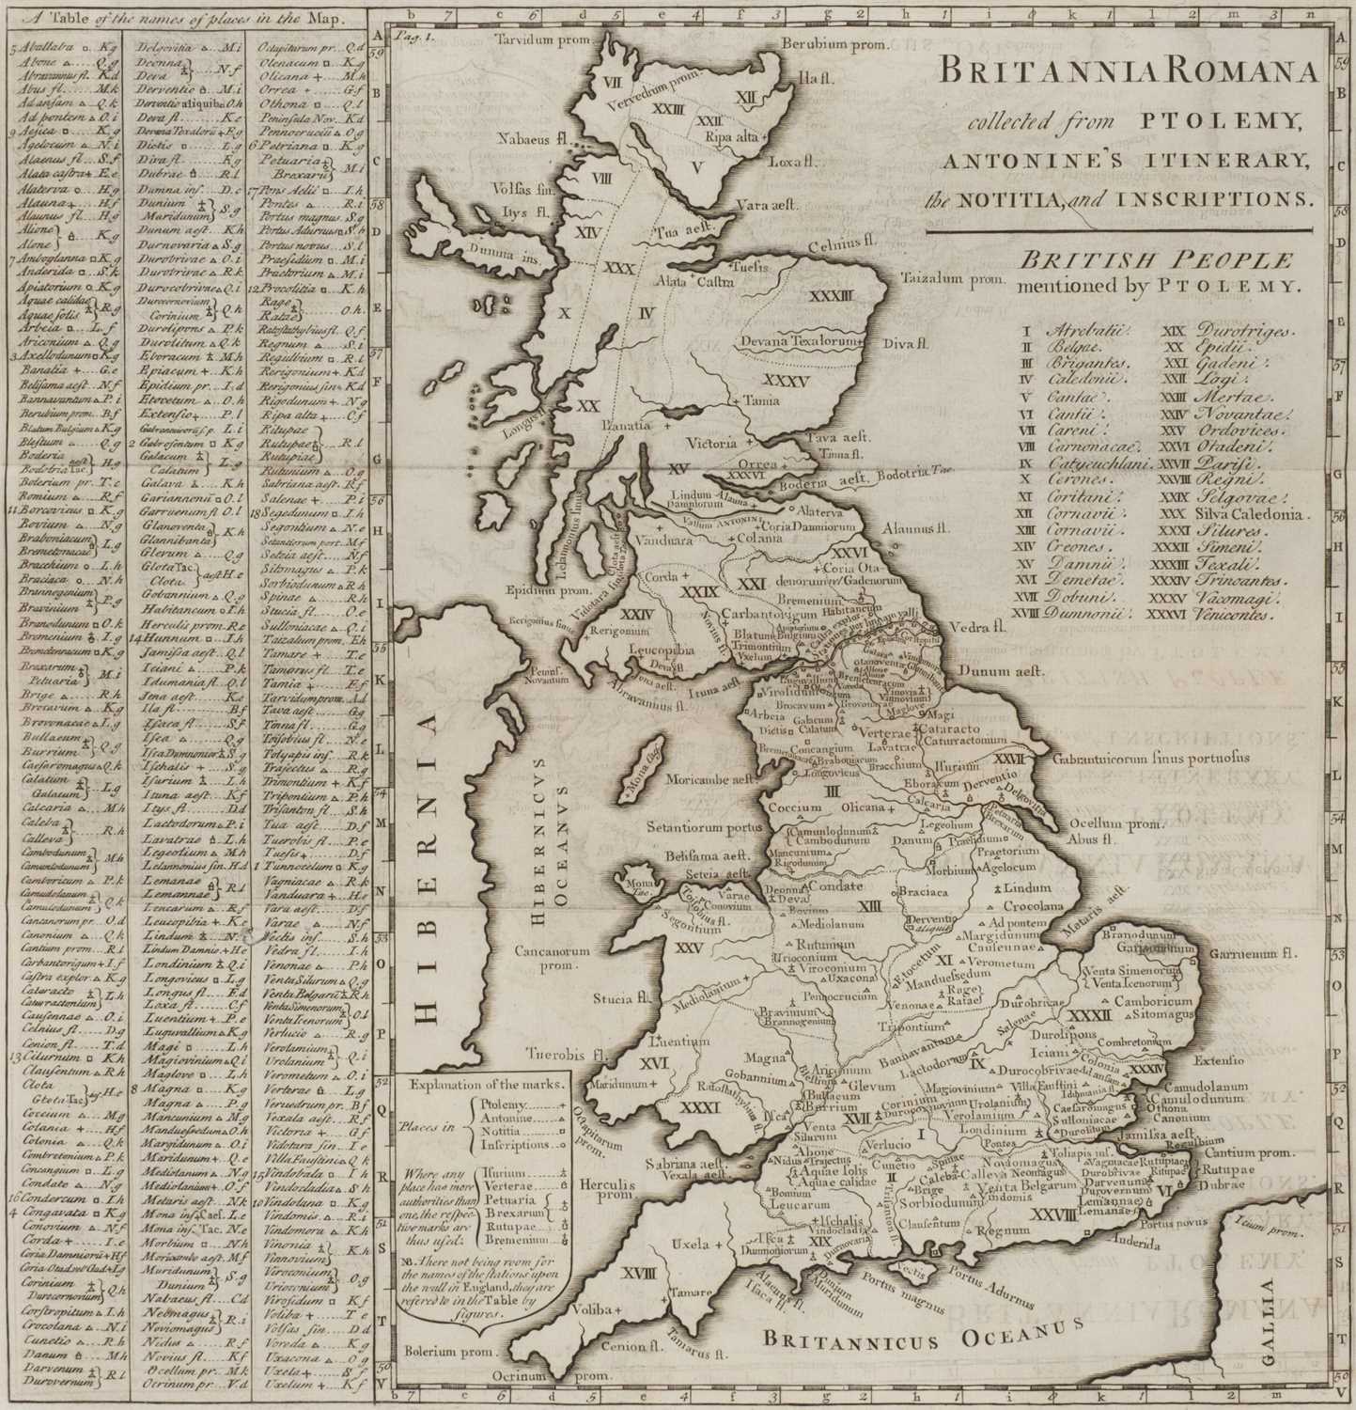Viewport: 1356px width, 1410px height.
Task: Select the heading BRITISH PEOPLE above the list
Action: [x=1158, y=260]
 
